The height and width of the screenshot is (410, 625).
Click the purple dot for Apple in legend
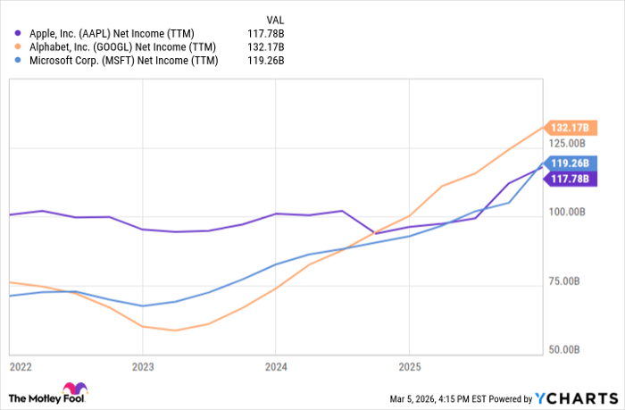point(17,32)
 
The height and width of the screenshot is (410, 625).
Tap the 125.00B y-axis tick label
point(568,143)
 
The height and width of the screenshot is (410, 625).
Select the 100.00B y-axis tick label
point(568,213)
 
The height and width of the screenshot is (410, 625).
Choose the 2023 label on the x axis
point(143,365)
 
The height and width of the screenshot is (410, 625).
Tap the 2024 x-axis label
point(275,365)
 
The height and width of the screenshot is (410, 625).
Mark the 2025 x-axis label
point(408,365)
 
